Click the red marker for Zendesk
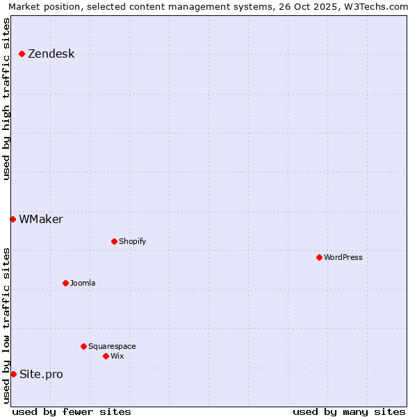pyautogui.click(x=22, y=54)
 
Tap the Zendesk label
pyautogui.click(x=51, y=54)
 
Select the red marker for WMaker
pyautogui.click(x=13, y=219)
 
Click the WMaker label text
pyautogui.click(x=41, y=220)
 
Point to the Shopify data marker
pyautogui.click(x=114, y=241)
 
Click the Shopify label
pyautogui.click(x=132, y=242)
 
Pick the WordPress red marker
pyautogui.click(x=319, y=257)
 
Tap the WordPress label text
pyautogui.click(x=343, y=258)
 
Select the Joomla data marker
pyautogui.click(x=65, y=283)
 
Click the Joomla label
pyautogui.click(x=83, y=284)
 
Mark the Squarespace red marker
pyautogui.click(x=83, y=346)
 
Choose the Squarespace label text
pyautogui.click(x=112, y=347)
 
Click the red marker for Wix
pyautogui.click(x=106, y=356)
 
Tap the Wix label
pyautogui.click(x=117, y=357)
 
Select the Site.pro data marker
pyautogui.click(x=13, y=374)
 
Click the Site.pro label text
pyautogui.click(x=41, y=375)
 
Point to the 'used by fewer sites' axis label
pyautogui.click(x=72, y=411)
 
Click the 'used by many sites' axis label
pyautogui.click(x=349, y=411)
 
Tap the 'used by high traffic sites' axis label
pyautogui.click(x=7, y=99)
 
